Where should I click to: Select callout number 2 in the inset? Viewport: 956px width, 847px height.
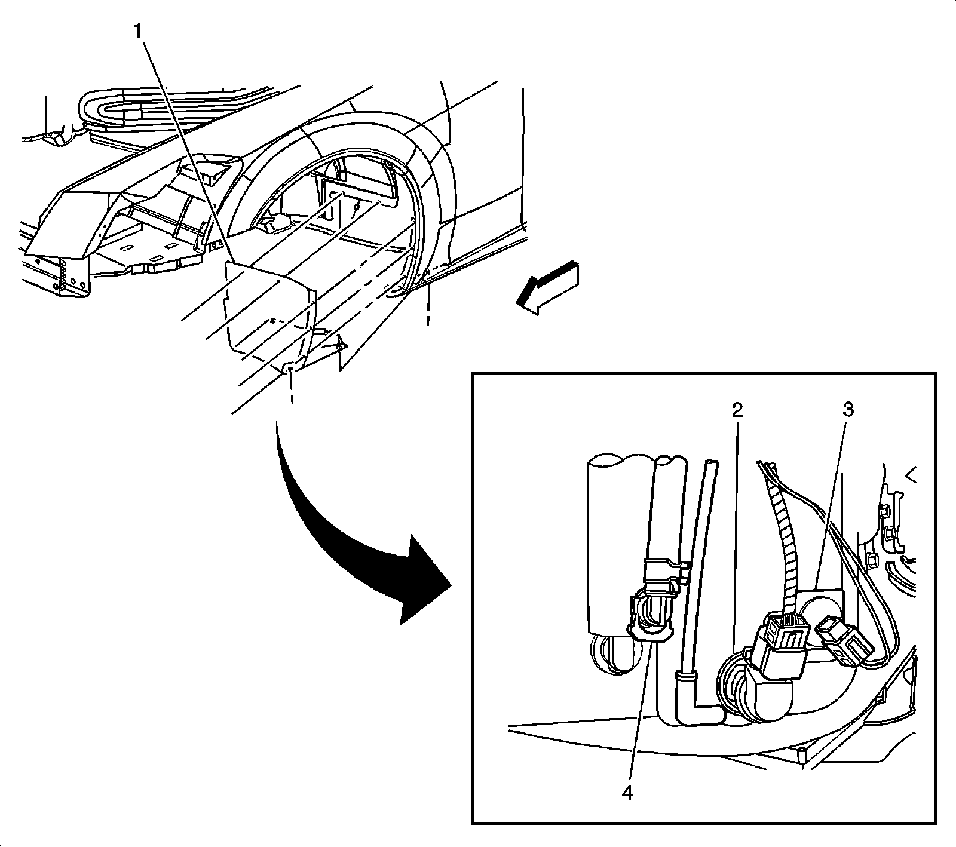coord(737,410)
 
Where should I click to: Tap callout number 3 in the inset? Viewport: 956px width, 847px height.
coord(848,410)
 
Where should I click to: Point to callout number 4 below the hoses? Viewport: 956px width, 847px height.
coord(626,793)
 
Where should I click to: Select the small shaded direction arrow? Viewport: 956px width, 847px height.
coord(547,287)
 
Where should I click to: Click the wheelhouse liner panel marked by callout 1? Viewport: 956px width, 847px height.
coord(269,311)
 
